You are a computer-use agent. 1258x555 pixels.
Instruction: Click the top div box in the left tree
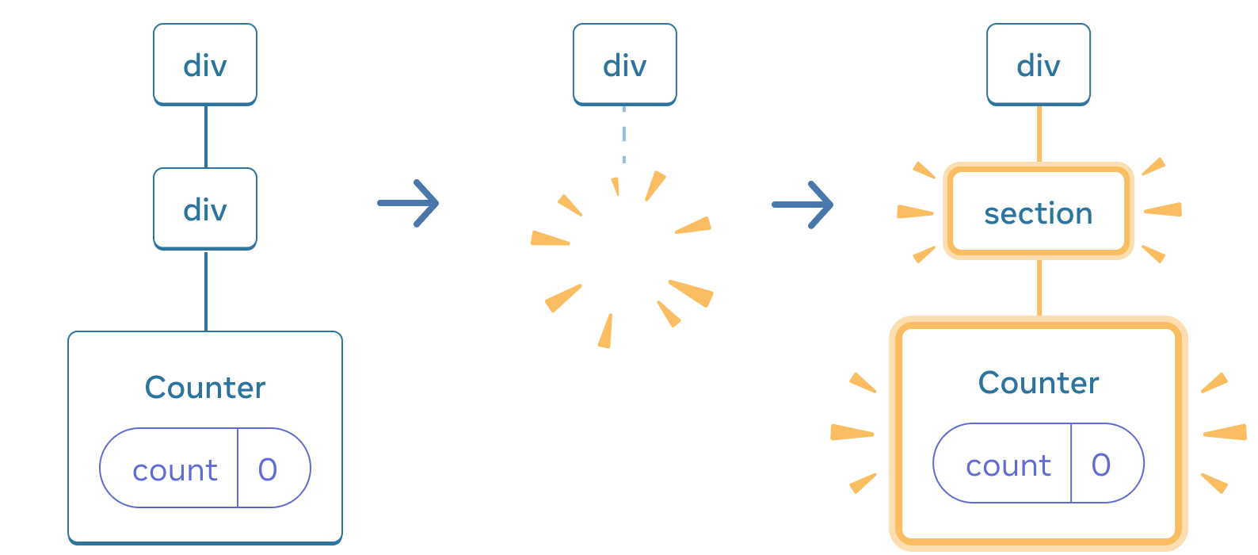pyautogui.click(x=205, y=64)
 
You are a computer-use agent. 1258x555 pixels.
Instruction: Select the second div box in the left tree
pyautogui.click(x=205, y=209)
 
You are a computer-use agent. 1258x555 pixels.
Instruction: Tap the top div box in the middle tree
pyautogui.click(x=624, y=64)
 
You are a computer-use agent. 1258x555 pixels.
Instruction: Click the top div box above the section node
pyautogui.click(x=1038, y=64)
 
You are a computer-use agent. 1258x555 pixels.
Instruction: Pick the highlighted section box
pyautogui.click(x=1038, y=212)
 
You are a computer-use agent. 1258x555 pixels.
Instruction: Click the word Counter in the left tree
pyautogui.click(x=205, y=388)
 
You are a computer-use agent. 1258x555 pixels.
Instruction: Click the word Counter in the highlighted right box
pyautogui.click(x=1038, y=383)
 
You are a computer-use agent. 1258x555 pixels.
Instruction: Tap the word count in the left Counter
pyautogui.click(x=175, y=470)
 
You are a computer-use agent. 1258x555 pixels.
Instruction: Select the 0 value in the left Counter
pyautogui.click(x=268, y=470)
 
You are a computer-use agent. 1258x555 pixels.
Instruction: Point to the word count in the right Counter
pyautogui.click(x=1008, y=465)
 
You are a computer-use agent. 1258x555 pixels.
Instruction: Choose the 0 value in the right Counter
pyautogui.click(x=1101, y=465)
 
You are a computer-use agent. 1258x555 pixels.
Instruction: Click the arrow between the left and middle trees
pyautogui.click(x=409, y=204)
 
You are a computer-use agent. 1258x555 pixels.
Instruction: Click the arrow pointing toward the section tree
pyautogui.click(x=802, y=205)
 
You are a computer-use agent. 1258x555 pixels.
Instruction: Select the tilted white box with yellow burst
pyautogui.click(x=624, y=258)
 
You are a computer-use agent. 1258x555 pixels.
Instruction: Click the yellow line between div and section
pyautogui.click(x=1039, y=133)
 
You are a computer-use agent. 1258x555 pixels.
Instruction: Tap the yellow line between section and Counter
pyautogui.click(x=1039, y=288)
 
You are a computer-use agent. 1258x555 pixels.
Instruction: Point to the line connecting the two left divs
pyautogui.click(x=206, y=136)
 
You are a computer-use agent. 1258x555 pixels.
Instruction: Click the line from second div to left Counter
pyautogui.click(x=206, y=290)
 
